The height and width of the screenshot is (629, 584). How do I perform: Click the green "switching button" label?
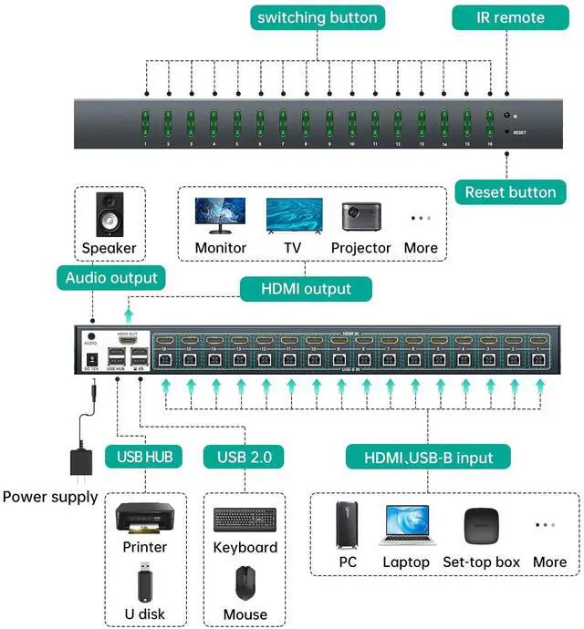pos(316,17)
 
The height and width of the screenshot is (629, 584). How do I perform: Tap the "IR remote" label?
pos(511,17)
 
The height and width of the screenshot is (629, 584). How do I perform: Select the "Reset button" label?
pos(510,192)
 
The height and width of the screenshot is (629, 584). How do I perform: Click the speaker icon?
pos(109,214)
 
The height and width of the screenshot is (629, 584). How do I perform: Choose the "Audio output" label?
pos(111,278)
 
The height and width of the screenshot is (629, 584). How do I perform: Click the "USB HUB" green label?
pos(144,455)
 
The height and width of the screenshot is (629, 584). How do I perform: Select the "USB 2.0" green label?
pos(245,455)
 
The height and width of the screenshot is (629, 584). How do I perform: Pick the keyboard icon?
pos(245,520)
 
